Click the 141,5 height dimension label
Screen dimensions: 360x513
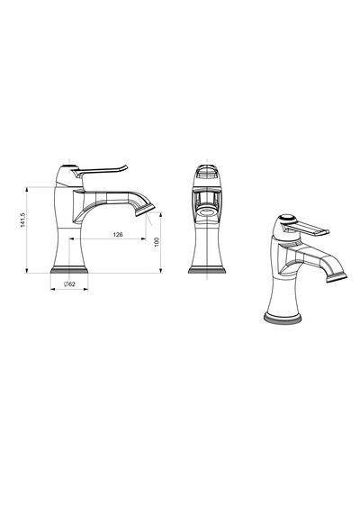(x=22, y=220)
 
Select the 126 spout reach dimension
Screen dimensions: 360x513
(x=118, y=234)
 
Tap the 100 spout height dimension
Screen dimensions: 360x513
(x=157, y=242)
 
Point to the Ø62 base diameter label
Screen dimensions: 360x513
(x=69, y=284)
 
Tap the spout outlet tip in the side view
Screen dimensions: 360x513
(x=145, y=210)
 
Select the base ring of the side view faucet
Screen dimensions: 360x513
(x=69, y=270)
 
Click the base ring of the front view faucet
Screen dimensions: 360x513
(x=207, y=270)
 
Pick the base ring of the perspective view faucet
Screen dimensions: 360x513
(x=283, y=319)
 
